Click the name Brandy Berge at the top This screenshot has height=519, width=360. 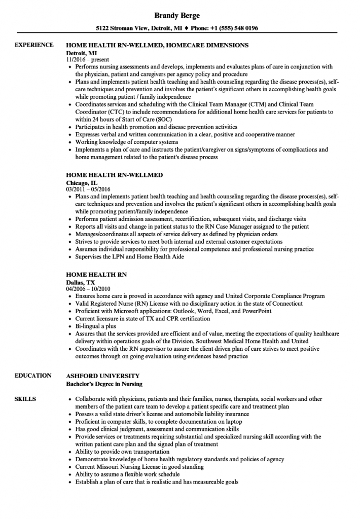tap(179, 16)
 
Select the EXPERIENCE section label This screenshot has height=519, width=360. tap(34, 45)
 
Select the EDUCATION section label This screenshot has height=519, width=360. tap(33, 376)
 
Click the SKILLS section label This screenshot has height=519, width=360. tap(25, 399)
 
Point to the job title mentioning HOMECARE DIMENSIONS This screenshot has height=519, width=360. tap(157, 45)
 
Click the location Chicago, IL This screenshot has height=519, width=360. tap(82, 182)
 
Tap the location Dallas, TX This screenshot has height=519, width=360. tap(80, 282)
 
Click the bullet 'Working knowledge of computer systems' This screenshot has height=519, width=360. tap(126, 142)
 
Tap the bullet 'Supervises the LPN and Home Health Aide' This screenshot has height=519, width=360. tap(129, 257)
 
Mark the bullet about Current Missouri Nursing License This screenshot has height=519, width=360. tap(139, 467)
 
